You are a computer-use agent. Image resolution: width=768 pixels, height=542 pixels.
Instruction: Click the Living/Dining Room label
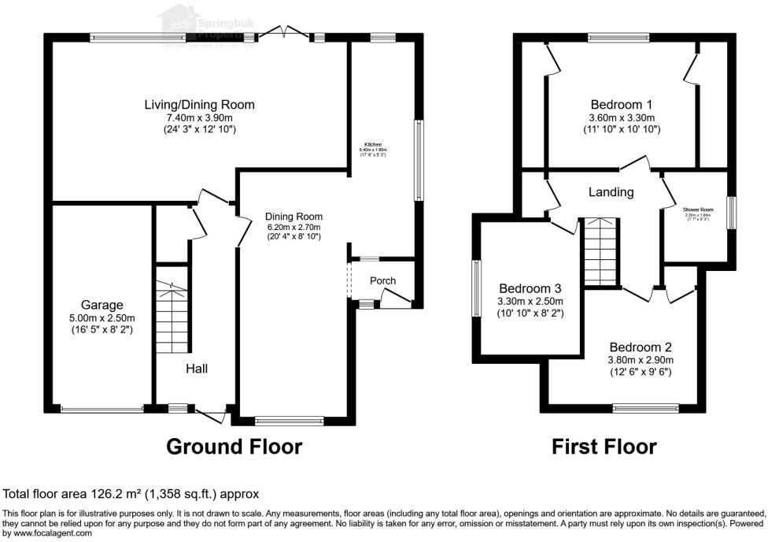(x=199, y=104)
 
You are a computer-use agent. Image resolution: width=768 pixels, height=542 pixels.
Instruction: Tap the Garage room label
(x=102, y=305)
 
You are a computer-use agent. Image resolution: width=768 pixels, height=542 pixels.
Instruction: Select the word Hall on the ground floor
(x=197, y=368)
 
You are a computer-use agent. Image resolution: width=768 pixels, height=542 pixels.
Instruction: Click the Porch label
(x=382, y=280)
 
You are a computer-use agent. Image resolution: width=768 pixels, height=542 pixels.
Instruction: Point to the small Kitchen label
(x=372, y=146)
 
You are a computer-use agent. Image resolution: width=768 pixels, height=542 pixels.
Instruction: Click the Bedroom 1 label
(x=622, y=104)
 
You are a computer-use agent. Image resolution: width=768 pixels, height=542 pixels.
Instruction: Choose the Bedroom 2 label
(x=640, y=347)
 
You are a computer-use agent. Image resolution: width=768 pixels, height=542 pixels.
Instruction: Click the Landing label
(x=611, y=191)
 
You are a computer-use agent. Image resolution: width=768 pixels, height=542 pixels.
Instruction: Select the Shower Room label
(x=696, y=209)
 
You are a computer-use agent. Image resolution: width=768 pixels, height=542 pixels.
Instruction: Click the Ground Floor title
(x=234, y=447)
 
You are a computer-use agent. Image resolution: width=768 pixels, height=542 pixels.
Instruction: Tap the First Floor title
(x=604, y=447)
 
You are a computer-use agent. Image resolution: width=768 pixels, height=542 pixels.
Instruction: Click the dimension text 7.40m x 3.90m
(x=199, y=117)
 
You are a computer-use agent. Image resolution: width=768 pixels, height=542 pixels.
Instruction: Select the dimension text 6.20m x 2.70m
(x=294, y=228)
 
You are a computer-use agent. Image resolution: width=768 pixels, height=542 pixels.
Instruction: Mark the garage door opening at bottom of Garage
(x=102, y=409)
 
